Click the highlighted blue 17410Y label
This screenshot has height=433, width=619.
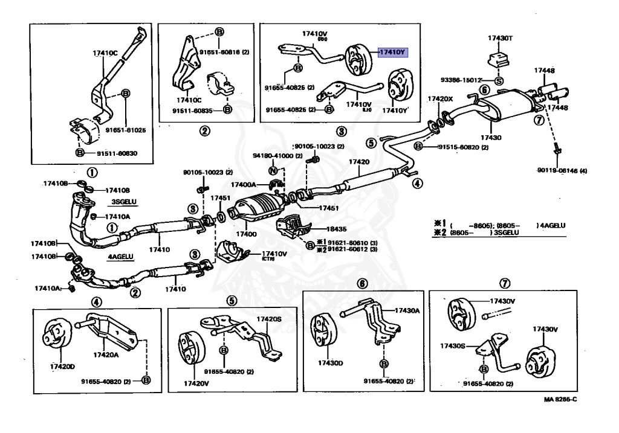(x=393, y=53)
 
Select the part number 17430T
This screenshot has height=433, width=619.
(x=501, y=38)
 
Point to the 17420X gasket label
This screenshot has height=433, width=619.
(x=440, y=98)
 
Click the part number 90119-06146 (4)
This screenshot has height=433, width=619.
(x=562, y=171)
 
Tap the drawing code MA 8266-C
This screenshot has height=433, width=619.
(x=559, y=399)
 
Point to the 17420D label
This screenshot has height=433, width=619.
(x=62, y=367)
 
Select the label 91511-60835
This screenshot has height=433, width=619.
(x=192, y=111)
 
